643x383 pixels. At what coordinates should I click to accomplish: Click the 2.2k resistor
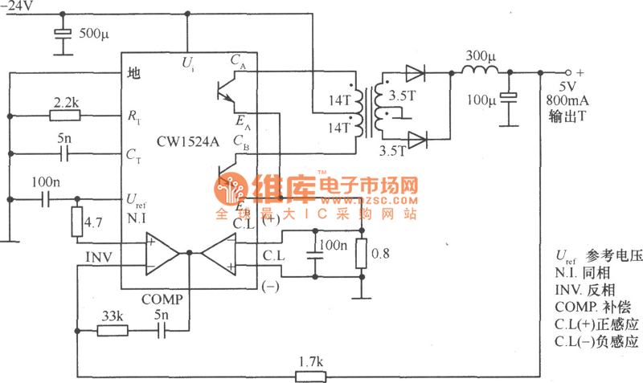click(64, 116)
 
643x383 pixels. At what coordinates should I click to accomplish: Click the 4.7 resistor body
click(78, 219)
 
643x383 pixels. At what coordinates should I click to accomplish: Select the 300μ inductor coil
click(481, 72)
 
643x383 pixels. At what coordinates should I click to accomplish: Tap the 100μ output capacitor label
click(481, 100)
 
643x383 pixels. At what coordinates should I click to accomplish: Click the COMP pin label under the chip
click(162, 299)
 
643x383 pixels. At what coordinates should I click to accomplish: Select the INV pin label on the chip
click(100, 256)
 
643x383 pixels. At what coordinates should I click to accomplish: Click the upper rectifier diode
click(416, 73)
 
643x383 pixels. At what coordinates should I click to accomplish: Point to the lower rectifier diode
click(416, 141)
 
